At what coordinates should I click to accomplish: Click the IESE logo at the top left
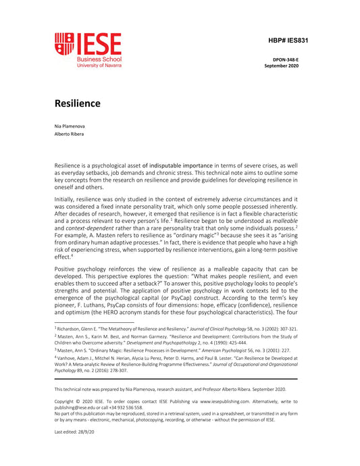point(88,52)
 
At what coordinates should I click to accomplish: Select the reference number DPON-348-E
point(289,61)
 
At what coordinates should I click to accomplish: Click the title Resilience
point(78,103)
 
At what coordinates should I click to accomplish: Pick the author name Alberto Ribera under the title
point(70,134)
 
